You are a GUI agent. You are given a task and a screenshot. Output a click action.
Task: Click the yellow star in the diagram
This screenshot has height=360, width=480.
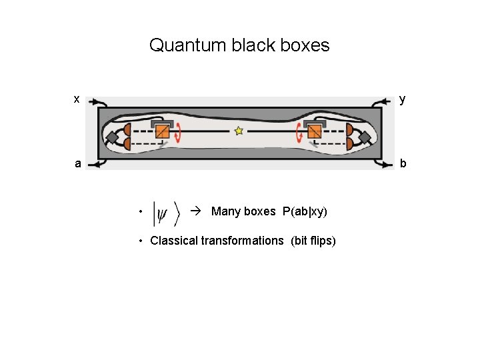tap(239, 131)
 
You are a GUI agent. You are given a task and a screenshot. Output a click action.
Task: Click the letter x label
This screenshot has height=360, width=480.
tap(77, 99)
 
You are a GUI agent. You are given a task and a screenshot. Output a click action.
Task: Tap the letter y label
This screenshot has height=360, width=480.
tap(402, 99)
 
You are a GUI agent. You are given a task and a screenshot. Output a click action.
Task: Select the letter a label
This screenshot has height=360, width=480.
tap(78, 163)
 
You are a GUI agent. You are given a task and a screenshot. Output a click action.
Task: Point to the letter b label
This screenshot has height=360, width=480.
tap(403, 163)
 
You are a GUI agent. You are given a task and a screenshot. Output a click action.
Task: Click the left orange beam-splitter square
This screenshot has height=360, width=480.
tap(162, 131)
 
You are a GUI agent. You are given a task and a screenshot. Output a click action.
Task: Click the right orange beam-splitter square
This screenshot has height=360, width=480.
tap(314, 131)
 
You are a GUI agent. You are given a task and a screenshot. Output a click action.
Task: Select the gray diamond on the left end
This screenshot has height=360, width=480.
tap(112, 137)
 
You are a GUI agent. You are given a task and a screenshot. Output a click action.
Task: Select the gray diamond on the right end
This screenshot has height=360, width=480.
tap(364, 137)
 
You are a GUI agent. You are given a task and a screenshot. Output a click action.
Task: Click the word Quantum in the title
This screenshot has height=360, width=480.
tap(187, 45)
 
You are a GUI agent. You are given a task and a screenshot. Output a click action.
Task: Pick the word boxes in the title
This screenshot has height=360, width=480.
tap(304, 45)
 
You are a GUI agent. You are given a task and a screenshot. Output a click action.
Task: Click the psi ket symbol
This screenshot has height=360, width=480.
tap(166, 213)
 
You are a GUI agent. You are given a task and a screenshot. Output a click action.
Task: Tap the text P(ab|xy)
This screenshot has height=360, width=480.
tap(305, 211)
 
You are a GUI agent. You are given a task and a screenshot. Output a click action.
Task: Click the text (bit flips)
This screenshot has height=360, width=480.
tap(313, 241)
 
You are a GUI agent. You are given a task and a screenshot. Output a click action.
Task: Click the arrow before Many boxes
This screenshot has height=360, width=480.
tap(195, 211)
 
